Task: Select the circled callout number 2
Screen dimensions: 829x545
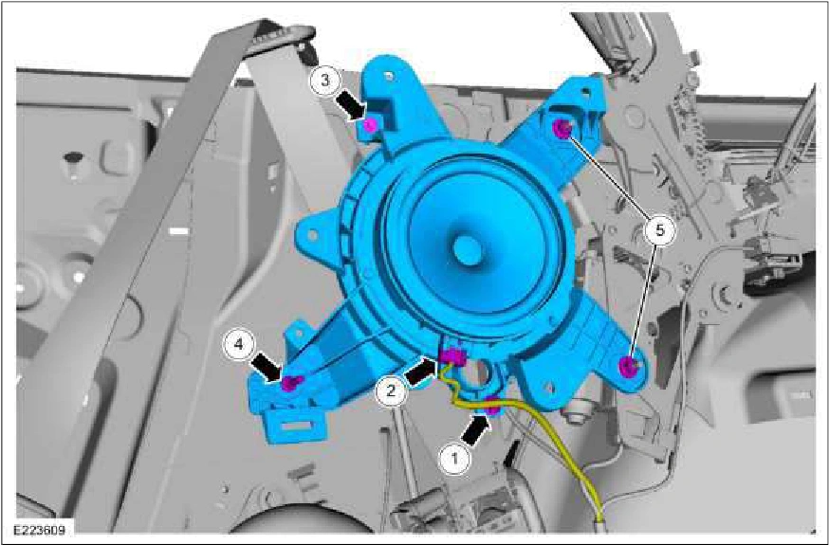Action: coord(390,391)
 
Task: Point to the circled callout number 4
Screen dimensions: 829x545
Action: coord(239,345)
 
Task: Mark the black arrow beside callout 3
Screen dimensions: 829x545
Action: coord(351,104)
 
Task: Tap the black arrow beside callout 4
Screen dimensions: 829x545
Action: coord(267,368)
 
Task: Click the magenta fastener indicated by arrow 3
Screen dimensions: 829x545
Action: coord(371,125)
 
